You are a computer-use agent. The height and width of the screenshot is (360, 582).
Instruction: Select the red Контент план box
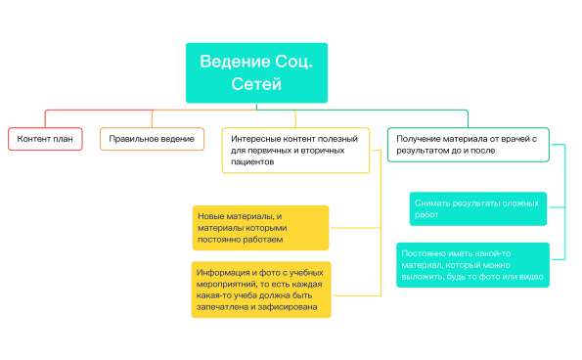[45, 139]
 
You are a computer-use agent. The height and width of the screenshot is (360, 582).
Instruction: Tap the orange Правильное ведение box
[152, 139]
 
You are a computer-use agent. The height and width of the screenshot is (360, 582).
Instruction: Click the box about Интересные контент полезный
[294, 150]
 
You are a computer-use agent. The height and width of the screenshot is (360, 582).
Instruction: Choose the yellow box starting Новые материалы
[259, 227]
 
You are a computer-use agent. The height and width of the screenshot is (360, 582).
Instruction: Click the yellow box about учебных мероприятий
[261, 289]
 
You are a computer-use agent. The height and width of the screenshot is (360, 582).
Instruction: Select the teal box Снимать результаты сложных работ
[476, 207]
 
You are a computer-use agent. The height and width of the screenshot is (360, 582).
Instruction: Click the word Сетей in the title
[256, 85]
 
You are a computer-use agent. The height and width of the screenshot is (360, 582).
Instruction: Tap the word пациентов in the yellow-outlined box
[252, 161]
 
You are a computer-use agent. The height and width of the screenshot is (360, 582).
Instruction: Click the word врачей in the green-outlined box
[514, 139]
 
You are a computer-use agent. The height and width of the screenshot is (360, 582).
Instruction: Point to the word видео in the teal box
[527, 277]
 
